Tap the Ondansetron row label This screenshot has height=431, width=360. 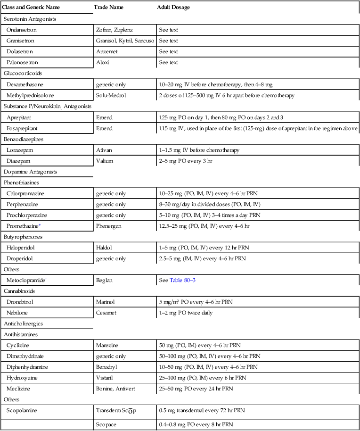coord(22,30)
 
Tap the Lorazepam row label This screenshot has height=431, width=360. coord(21,150)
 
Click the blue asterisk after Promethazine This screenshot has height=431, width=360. coord(41,226)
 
